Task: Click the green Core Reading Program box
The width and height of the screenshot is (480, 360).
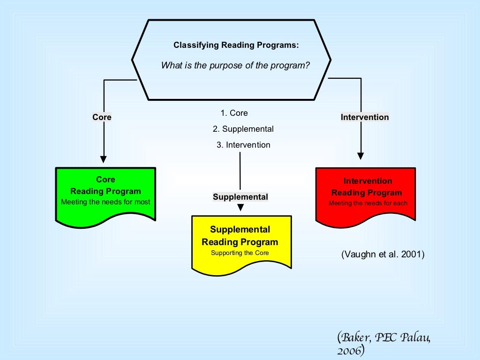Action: click(x=105, y=194)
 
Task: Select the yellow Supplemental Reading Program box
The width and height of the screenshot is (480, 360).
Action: click(x=241, y=242)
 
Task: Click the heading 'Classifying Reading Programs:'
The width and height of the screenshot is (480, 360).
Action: click(x=236, y=45)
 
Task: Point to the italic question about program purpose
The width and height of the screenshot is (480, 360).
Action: click(x=236, y=66)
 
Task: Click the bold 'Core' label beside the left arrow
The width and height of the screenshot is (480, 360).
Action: click(x=102, y=117)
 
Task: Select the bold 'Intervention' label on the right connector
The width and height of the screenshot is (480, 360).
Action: click(x=365, y=117)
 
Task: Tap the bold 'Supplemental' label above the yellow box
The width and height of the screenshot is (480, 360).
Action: click(x=240, y=197)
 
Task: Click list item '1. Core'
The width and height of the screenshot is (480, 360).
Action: click(x=234, y=113)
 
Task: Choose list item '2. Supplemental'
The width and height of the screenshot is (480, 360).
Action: click(x=243, y=129)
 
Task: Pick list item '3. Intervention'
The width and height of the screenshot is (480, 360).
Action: click(x=243, y=145)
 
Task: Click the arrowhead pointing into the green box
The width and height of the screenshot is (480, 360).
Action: click(x=104, y=159)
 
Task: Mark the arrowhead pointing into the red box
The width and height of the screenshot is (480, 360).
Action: click(x=360, y=156)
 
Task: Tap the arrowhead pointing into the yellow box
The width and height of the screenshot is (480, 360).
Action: click(x=241, y=208)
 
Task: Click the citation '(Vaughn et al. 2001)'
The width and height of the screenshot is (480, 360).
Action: click(x=383, y=255)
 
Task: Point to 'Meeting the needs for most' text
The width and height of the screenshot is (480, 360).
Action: click(x=105, y=202)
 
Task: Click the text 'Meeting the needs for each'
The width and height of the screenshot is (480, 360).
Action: click(x=368, y=203)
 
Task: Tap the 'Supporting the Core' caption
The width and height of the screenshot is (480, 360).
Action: click(x=240, y=253)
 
